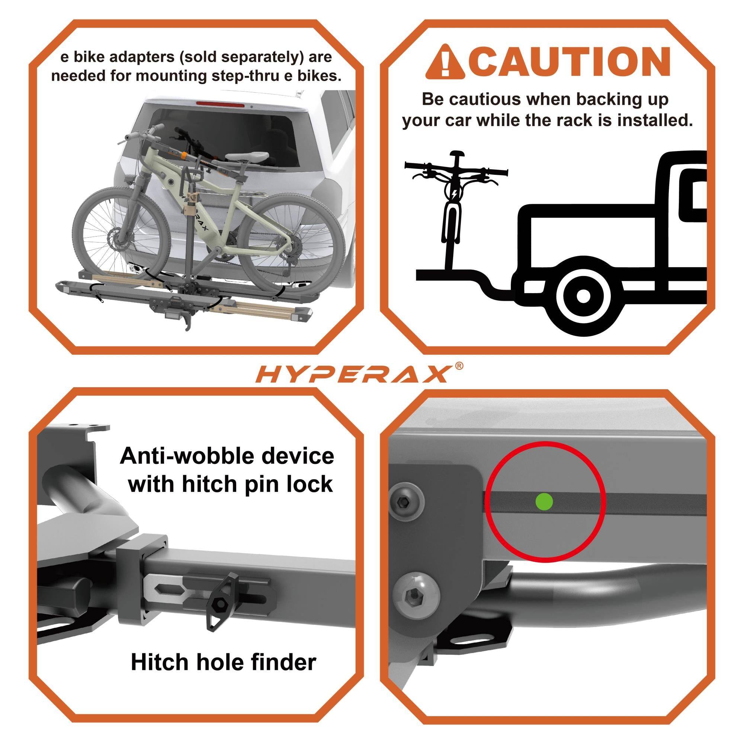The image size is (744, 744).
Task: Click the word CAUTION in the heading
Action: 571,62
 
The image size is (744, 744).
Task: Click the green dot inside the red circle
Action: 544,501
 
